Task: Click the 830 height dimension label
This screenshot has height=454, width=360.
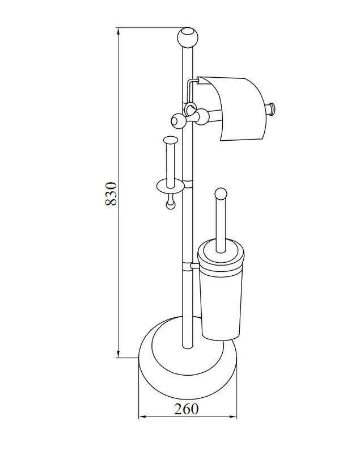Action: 111,194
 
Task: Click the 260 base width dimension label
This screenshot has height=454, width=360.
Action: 186,409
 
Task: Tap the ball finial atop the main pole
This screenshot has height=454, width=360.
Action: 188,37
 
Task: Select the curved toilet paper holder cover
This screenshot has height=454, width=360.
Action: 231,108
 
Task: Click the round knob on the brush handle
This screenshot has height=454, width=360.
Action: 221,194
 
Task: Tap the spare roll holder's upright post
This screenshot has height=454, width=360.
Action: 170,162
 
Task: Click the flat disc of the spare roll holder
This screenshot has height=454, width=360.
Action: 171,186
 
